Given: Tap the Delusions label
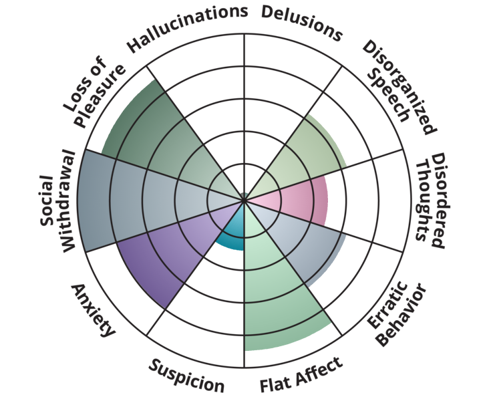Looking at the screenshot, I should (301, 23).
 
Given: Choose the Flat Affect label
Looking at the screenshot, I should (301, 375).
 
